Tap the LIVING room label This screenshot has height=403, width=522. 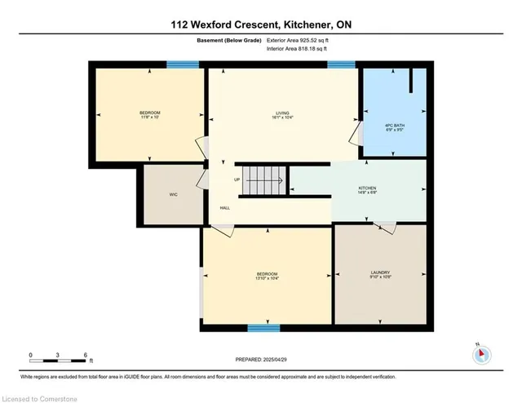point(281,113)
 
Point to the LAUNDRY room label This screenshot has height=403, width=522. point(380,272)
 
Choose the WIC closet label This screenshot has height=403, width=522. point(173,195)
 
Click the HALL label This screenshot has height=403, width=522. point(224,208)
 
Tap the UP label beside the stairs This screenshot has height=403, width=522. point(237,180)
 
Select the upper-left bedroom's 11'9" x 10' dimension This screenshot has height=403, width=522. point(149,117)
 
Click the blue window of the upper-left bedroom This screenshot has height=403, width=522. point(179,64)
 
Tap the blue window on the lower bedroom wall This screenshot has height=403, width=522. point(259,328)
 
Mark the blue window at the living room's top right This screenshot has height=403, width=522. point(341,64)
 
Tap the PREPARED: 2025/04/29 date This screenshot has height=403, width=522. point(260,359)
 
